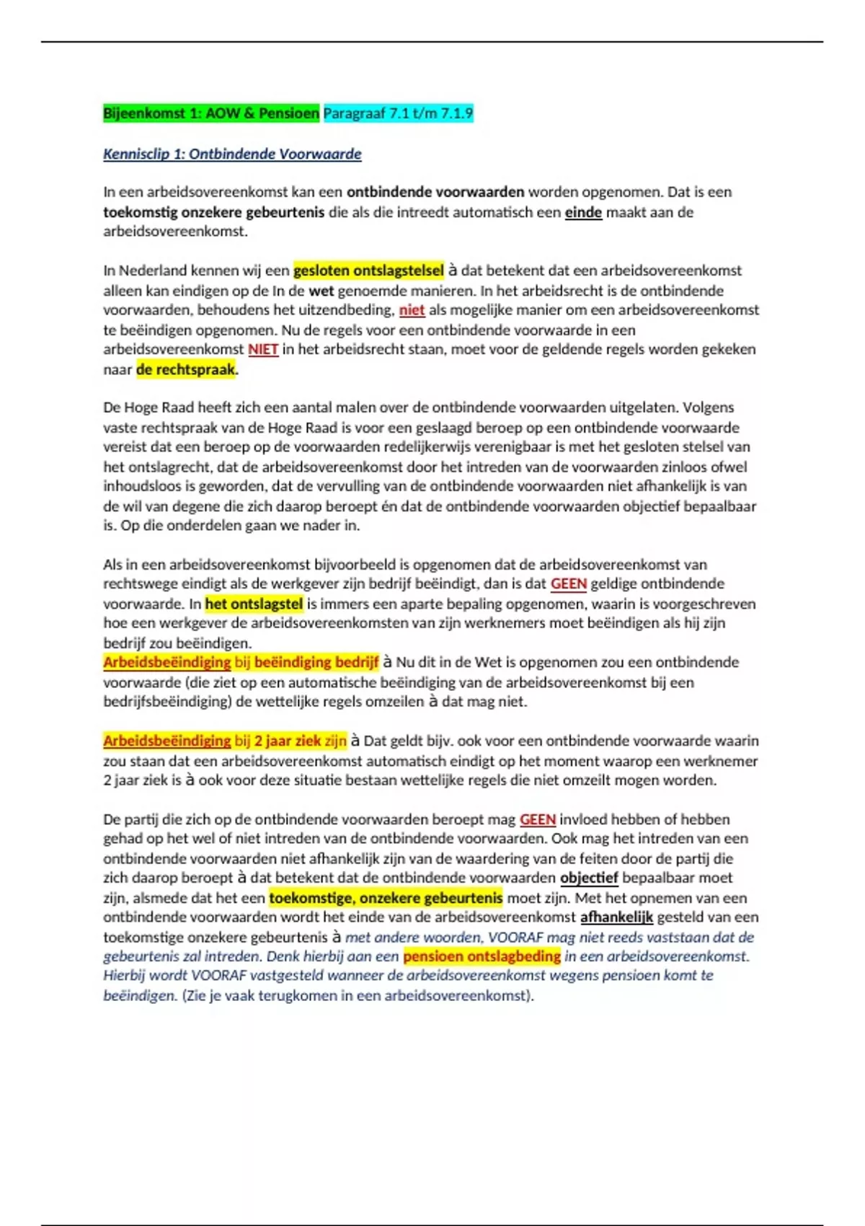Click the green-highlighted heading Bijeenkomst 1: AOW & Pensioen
point(210,113)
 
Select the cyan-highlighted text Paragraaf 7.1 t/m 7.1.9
point(398,113)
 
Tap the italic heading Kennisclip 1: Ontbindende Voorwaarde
point(232,154)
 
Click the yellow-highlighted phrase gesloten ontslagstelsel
point(368,270)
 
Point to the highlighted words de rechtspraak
point(186,369)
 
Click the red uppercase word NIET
point(263,349)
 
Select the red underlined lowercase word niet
point(412,310)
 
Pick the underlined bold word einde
point(583,212)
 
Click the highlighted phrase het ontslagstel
point(254,604)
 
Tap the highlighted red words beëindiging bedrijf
point(316,662)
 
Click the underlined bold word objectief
point(589,878)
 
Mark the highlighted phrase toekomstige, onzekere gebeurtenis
point(386,898)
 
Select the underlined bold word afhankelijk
point(616,917)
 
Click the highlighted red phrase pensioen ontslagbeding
point(482,956)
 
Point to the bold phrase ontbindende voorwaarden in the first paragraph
point(435,192)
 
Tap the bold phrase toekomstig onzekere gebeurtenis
point(213,212)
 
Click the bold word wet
point(321,291)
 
